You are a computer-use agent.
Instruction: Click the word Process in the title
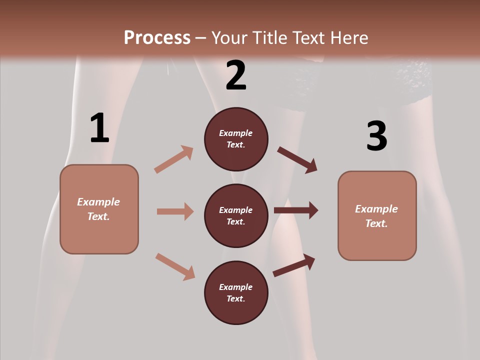click(157, 37)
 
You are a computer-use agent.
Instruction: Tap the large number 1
click(99, 128)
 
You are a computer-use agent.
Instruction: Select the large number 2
click(236, 75)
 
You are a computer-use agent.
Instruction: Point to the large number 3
click(376, 136)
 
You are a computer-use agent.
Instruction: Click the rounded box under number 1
click(99, 209)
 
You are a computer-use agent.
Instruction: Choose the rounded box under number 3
click(377, 215)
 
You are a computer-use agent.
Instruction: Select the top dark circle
click(236, 139)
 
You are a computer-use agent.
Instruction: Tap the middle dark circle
click(236, 215)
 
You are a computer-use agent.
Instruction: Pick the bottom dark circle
click(236, 292)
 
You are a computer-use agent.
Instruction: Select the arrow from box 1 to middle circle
click(175, 211)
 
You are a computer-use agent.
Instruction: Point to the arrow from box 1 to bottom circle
click(175, 266)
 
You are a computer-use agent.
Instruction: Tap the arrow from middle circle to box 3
click(296, 210)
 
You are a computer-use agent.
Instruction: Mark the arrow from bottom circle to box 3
click(294, 265)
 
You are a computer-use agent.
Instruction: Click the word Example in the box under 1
click(98, 202)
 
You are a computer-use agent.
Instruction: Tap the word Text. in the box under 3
click(376, 223)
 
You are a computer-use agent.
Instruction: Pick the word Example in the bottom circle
click(236, 287)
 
